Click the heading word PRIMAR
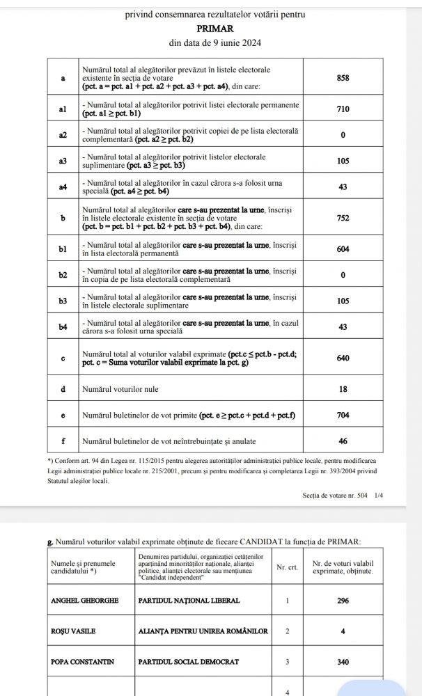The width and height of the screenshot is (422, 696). click(215, 29)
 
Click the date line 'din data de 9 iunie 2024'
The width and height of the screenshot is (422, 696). click(215, 43)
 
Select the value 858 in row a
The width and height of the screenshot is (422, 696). click(343, 79)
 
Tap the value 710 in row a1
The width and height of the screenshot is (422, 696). click(343, 109)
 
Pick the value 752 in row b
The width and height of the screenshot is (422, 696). click(343, 218)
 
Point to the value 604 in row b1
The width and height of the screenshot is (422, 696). click(343, 249)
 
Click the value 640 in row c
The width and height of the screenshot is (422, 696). click(343, 358)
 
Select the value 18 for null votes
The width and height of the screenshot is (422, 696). click(343, 389)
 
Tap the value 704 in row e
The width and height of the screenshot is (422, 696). click(343, 416)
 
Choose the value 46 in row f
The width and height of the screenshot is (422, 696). click(343, 441)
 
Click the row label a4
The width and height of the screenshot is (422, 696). click(63, 187)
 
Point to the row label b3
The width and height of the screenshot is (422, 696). click(63, 301)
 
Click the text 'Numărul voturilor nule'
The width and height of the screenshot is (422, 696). click(123, 389)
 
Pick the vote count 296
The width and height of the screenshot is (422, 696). click(343, 601)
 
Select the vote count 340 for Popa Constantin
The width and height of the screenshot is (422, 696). click(343, 662)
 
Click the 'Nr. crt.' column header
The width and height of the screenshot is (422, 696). click(287, 567)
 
